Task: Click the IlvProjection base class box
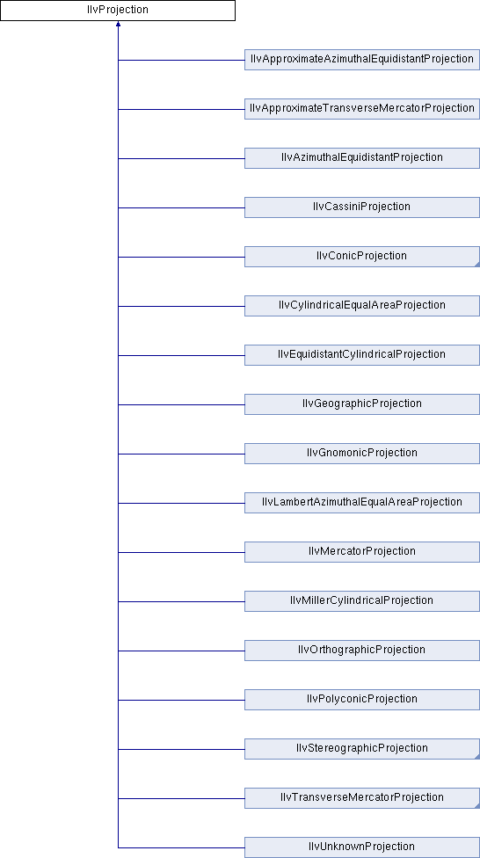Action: coord(118,11)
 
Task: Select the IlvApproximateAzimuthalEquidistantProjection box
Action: coord(362,60)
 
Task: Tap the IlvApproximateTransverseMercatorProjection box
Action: coord(362,109)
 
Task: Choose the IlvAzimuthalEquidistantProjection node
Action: coord(362,158)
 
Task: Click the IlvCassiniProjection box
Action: coord(362,207)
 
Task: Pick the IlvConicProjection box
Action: coord(362,257)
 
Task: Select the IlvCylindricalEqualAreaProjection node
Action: coord(362,306)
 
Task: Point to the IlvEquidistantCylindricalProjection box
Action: coord(362,355)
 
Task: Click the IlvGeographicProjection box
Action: coord(362,404)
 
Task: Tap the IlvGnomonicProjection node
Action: coord(362,454)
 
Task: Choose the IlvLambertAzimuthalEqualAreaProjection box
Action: coord(362,503)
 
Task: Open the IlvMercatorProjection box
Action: coord(362,552)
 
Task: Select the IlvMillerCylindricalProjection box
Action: coord(362,601)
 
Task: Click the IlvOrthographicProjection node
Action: coord(362,651)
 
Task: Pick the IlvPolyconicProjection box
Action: coord(362,700)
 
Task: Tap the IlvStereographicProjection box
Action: coord(362,749)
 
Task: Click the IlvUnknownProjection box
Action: coord(362,847)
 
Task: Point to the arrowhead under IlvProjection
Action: coord(118,24)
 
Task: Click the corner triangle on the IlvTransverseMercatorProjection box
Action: coord(477,806)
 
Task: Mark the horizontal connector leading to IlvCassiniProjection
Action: coord(181,207)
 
